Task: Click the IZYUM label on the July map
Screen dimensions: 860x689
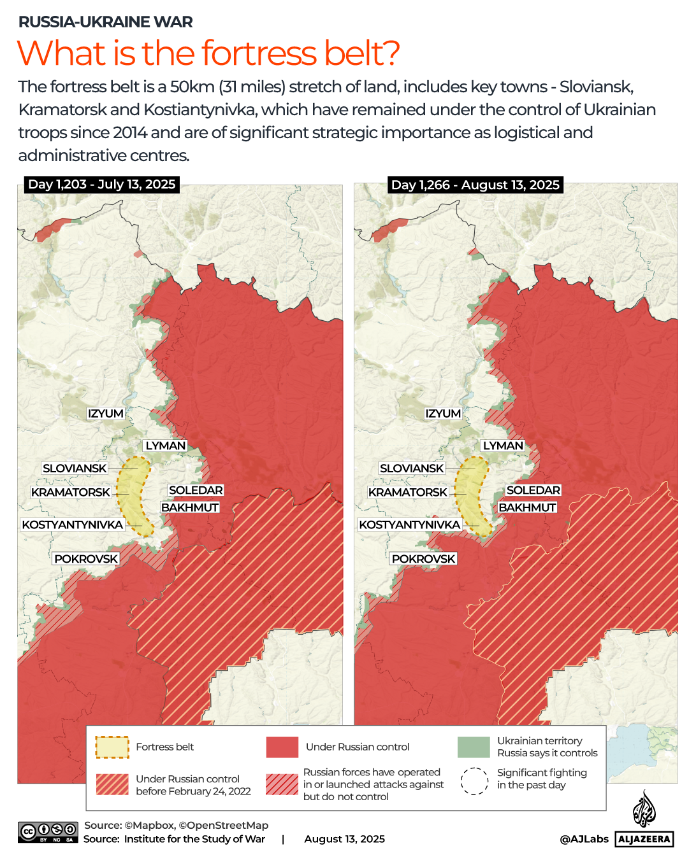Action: (106, 414)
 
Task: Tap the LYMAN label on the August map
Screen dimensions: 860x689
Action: (503, 446)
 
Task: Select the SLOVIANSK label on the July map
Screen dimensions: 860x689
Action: (75, 469)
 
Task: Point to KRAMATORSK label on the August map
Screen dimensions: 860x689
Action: (408, 492)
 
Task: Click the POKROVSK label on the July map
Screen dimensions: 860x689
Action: (86, 559)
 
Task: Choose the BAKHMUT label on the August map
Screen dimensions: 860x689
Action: (527, 507)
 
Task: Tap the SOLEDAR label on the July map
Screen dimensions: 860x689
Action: (196, 490)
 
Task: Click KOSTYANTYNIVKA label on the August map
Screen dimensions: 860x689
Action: (409, 525)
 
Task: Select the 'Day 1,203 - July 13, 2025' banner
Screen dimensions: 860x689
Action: (101, 185)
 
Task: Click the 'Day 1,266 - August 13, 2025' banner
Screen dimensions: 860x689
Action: (475, 185)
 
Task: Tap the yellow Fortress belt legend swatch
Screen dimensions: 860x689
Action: (112, 747)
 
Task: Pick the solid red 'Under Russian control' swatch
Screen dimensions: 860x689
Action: (282, 747)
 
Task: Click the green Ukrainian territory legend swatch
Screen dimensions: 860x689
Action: (474, 747)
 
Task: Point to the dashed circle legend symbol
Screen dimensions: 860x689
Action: (474, 781)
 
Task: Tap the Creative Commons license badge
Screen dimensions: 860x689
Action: (48, 832)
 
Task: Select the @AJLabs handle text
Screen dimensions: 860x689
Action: (584, 839)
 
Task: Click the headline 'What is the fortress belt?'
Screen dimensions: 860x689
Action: (208, 53)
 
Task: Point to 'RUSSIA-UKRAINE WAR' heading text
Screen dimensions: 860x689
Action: (105, 22)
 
